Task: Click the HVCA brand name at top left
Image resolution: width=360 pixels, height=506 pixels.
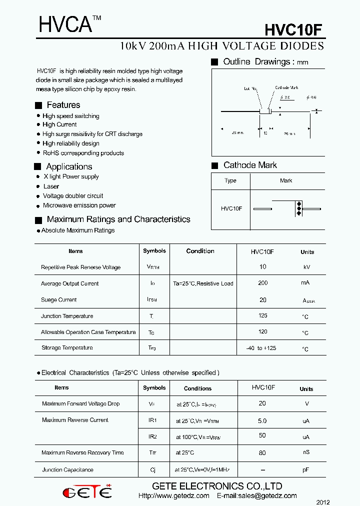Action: click(65, 24)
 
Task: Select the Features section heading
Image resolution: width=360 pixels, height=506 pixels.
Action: click(63, 105)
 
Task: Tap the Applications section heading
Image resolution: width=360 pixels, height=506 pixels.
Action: click(69, 166)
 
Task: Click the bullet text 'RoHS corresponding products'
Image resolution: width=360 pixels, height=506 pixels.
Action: click(83, 153)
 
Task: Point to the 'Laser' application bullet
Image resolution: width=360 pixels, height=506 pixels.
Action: click(51, 186)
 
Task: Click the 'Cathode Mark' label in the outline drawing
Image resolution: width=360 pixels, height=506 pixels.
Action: click(286, 88)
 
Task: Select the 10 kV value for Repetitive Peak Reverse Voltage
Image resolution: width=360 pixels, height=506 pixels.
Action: click(263, 267)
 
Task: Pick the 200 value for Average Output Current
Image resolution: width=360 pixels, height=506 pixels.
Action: click(263, 283)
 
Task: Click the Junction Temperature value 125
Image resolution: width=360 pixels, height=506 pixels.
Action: click(263, 315)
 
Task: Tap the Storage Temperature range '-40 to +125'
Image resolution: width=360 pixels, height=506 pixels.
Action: click(261, 348)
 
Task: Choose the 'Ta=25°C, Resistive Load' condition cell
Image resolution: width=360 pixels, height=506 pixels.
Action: click(203, 283)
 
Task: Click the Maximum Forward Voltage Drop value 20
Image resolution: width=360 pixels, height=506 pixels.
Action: click(262, 403)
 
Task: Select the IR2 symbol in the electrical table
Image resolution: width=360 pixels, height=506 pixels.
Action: click(152, 436)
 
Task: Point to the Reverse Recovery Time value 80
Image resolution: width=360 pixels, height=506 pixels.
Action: click(262, 453)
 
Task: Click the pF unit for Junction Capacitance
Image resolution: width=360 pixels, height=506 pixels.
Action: click(306, 470)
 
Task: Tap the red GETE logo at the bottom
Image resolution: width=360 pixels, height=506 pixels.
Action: click(87, 492)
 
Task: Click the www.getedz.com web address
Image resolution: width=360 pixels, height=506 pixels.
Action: click(173, 496)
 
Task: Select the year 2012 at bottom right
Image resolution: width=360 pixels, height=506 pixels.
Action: click(323, 502)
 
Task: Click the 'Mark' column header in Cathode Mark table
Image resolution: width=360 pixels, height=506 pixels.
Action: click(286, 180)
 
